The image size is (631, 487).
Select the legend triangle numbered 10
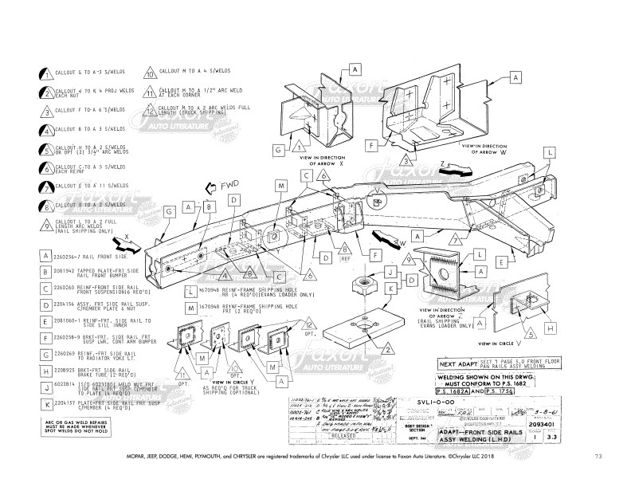click(149, 74)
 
